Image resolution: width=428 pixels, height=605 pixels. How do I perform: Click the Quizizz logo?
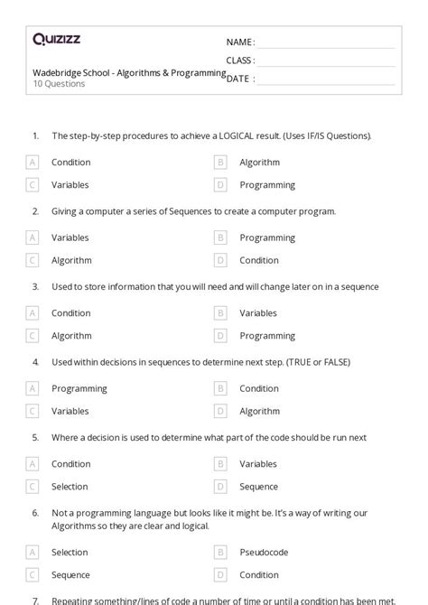[56, 39]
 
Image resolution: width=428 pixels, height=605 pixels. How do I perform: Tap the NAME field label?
[239, 42]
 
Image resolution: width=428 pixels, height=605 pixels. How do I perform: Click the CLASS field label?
[239, 60]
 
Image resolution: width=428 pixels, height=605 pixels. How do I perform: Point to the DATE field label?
[239, 79]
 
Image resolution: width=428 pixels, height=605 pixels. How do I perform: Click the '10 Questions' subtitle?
[59, 84]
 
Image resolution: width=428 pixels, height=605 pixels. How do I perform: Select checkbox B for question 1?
[219, 163]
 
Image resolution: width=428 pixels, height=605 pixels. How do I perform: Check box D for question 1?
[219, 185]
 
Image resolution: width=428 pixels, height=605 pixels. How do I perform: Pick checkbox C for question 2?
[33, 260]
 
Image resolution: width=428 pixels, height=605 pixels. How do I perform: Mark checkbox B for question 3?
[219, 313]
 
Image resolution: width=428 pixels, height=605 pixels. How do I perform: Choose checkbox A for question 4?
[33, 388]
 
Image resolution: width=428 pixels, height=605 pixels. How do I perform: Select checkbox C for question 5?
[33, 487]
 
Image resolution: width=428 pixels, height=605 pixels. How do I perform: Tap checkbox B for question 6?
[219, 552]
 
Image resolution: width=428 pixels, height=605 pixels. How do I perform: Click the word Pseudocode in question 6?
[264, 552]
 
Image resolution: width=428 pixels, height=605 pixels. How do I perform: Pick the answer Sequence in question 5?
[258, 487]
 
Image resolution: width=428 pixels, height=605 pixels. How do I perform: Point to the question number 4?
[35, 362]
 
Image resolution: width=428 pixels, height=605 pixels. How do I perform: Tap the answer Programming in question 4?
[79, 388]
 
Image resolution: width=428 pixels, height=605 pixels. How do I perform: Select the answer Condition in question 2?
[258, 260]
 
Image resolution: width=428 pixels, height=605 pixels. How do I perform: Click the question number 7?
[35, 600]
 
